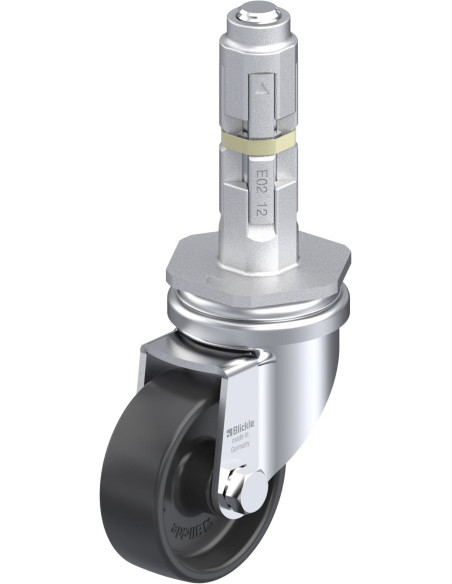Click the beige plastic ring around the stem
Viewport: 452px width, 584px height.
257,140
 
